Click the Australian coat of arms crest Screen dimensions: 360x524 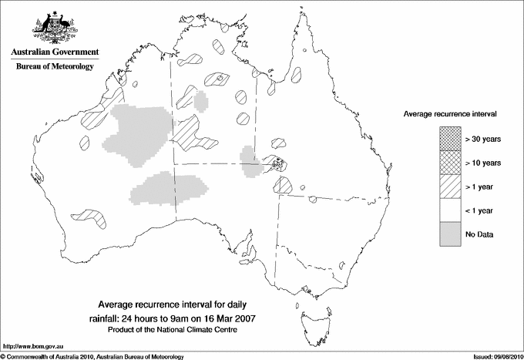[54, 25]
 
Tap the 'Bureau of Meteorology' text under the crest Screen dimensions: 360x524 [55, 67]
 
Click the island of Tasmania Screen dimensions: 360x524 [310, 318]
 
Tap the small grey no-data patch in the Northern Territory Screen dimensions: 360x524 [201, 100]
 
